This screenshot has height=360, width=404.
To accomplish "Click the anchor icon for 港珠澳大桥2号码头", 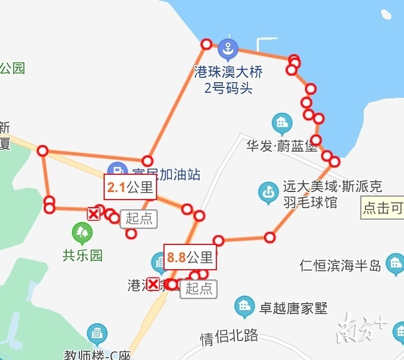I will [228, 51].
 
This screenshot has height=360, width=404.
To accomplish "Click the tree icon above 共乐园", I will [82, 233].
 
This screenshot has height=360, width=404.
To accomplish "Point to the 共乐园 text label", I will [82, 255].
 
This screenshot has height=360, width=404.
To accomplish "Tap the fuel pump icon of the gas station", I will [117, 171].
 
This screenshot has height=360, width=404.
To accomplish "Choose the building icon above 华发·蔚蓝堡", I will [282, 123].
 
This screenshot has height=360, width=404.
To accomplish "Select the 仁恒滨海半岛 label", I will [341, 265].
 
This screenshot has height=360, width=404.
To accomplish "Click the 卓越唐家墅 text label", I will [294, 308].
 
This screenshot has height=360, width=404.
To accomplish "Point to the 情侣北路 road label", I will [229, 336].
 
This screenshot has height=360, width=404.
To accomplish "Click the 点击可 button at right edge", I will [383, 208].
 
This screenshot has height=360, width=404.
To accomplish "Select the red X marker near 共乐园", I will [93, 214].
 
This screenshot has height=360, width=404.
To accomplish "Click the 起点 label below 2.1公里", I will [139, 219].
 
